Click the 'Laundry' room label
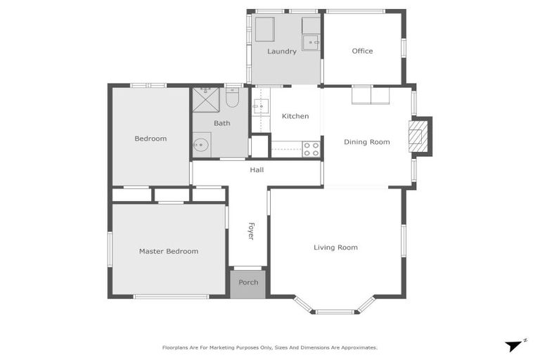pos(281,51)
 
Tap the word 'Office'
pos(362,51)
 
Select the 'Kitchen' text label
pos(295,116)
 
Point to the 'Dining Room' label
pos(366,142)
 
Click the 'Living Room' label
pos(335,247)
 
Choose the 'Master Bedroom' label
pos(168,251)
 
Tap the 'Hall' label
pos(257,170)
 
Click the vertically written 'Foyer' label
pos(250,231)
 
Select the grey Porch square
pos(248,283)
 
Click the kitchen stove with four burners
pos(311,149)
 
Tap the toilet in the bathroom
pos(233,98)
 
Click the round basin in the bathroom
pos(201,146)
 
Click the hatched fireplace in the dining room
pos(418,135)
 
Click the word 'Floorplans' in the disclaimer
pos(175,347)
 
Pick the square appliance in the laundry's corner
pos(264,30)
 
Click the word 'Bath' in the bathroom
pos(221,123)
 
